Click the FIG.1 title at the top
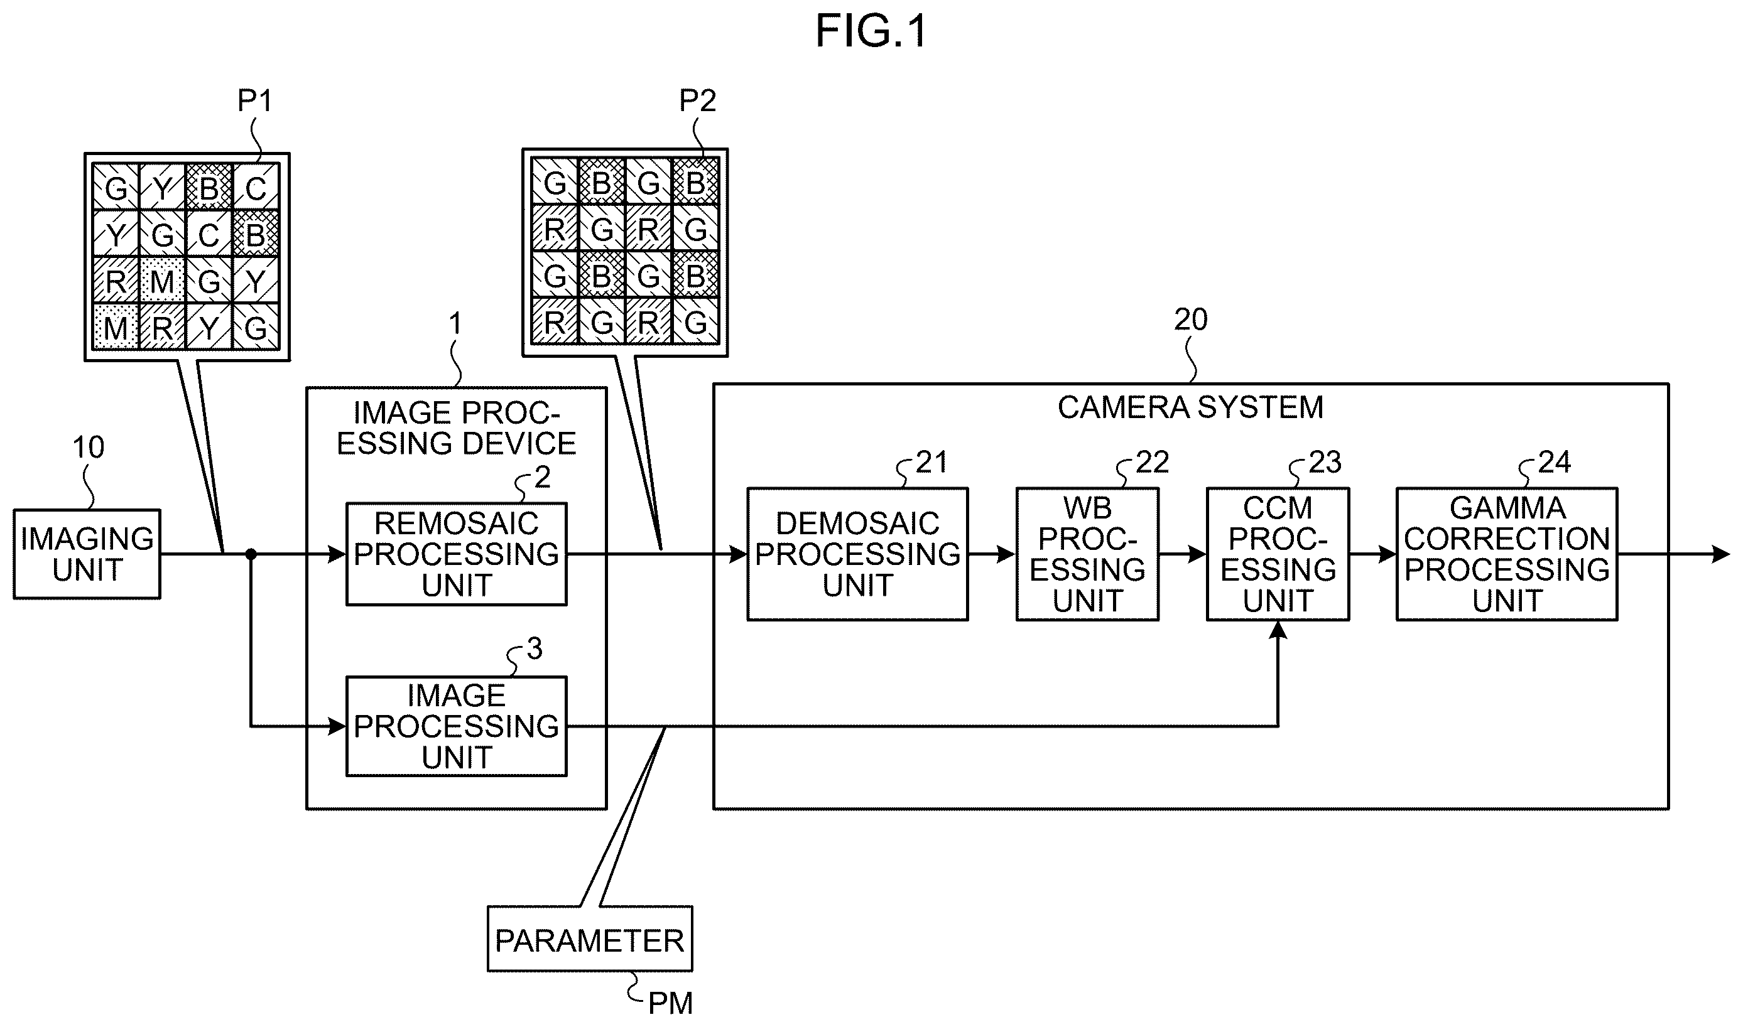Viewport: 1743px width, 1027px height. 871,31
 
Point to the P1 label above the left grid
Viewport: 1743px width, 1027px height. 255,101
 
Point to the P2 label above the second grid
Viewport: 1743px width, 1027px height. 697,101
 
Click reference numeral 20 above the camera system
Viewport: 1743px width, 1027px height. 1191,320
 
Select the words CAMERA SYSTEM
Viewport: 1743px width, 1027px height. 1191,407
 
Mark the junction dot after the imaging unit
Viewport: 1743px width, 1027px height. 251,554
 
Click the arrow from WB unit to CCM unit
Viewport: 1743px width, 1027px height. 1183,554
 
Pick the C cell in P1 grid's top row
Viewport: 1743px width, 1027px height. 256,188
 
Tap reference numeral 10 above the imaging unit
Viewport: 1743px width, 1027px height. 89,448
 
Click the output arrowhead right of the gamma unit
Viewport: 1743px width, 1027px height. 1720,554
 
